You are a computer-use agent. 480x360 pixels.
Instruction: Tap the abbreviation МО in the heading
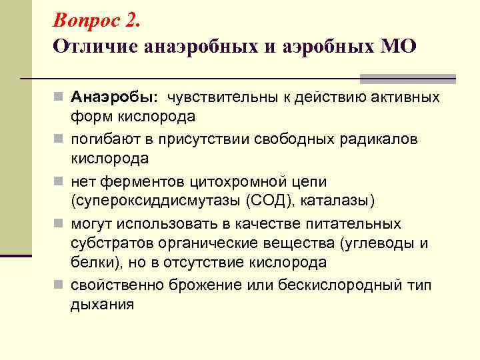[397, 47]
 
